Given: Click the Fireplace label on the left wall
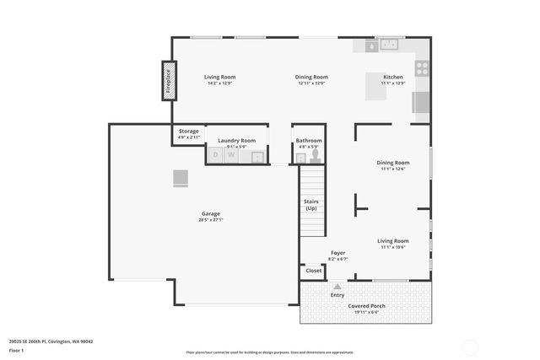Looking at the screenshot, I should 169,81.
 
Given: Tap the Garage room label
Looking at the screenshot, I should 210,213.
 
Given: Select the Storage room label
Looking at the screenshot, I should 188,131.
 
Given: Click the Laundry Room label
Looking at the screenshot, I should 236,140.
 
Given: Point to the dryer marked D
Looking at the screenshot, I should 215,155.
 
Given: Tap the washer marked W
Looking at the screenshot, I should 230,155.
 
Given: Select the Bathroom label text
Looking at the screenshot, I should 308,140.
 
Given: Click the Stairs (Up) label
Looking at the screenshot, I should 311,205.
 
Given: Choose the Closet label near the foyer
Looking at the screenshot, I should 313,271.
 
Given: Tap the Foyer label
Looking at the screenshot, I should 337,252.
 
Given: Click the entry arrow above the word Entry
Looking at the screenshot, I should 337,287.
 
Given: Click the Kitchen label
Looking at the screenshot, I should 393,77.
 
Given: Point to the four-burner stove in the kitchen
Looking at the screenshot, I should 422,68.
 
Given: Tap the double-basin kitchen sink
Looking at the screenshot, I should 388,46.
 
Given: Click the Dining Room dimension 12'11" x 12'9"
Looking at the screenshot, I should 311,83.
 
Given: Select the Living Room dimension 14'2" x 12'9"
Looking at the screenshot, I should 219,83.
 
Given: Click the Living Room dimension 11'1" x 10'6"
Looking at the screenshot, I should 393,247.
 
